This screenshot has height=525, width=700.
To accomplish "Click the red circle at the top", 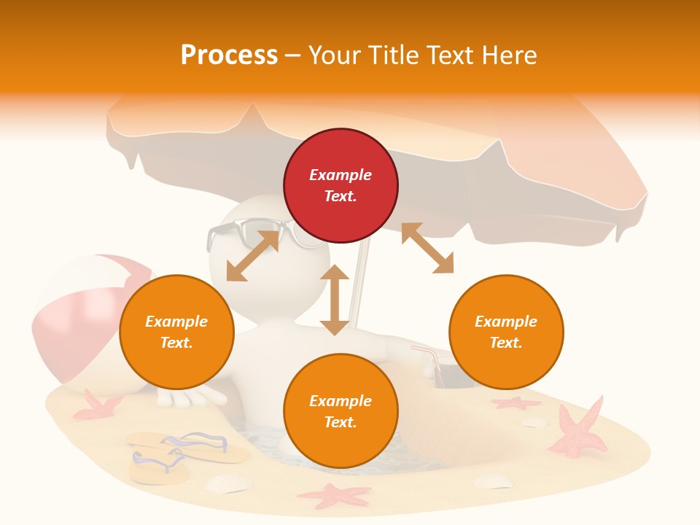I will [341, 186].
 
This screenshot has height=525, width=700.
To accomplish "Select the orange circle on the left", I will [176, 332].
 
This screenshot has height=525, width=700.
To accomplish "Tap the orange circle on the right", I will [506, 332].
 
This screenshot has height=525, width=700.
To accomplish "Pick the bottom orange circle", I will [341, 411].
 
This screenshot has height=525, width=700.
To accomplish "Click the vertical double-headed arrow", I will [335, 300].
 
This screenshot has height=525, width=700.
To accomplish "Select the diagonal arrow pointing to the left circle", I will [253, 256].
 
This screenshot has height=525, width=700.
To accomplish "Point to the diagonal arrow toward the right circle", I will [427, 248].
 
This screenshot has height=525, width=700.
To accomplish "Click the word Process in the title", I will [229, 55].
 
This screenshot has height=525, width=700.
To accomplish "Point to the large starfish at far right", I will [581, 430].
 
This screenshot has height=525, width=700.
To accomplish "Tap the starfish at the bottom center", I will [335, 496].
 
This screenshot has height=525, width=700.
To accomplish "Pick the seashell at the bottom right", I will [493, 480].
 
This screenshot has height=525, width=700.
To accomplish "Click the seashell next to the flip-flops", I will [228, 483].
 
